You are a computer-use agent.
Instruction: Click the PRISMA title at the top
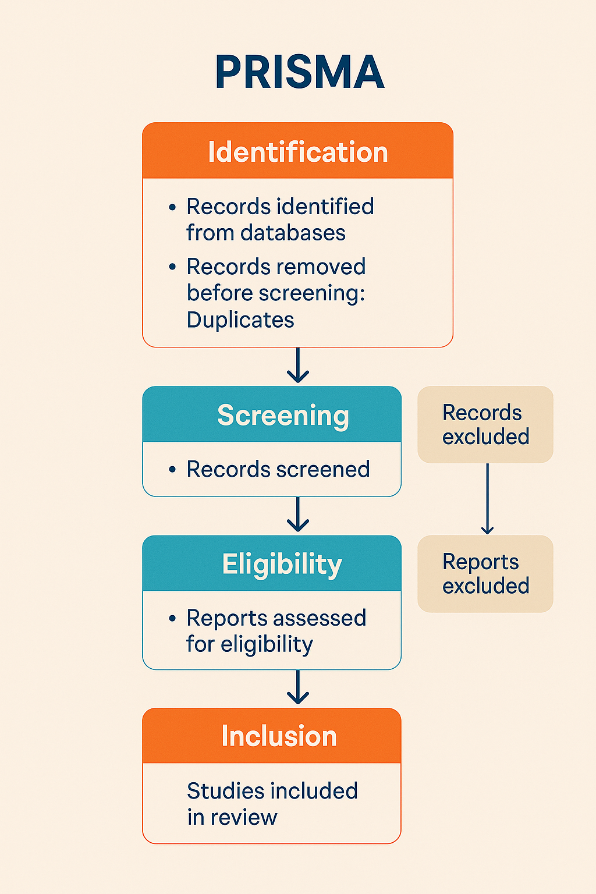click(x=299, y=72)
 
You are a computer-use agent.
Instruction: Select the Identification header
click(x=297, y=152)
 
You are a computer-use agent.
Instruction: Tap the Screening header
click(x=283, y=416)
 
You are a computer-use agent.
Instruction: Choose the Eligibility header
click(x=282, y=564)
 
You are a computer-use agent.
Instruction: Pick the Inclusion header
click(x=279, y=736)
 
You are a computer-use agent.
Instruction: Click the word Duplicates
click(x=240, y=320)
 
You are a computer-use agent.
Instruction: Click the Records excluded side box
click(x=485, y=424)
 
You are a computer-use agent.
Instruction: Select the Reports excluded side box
click(x=485, y=573)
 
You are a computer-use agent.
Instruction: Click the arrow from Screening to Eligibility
click(x=298, y=515)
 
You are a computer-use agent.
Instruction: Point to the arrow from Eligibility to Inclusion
click(x=298, y=688)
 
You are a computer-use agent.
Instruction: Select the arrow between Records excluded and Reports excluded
click(x=487, y=499)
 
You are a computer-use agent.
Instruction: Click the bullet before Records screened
click(x=172, y=469)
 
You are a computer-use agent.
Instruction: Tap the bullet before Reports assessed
click(x=172, y=618)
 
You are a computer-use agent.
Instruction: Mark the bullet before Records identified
click(x=172, y=207)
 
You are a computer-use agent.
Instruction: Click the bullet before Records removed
click(x=172, y=267)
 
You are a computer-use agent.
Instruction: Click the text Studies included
click(x=272, y=791)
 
